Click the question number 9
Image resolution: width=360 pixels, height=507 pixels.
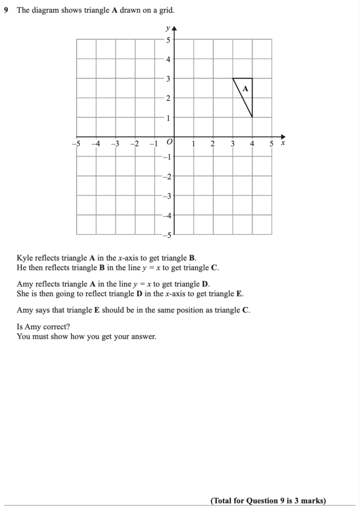[6, 10]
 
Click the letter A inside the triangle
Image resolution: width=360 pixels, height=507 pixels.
[245, 89]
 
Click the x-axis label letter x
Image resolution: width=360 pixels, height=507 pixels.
[283, 143]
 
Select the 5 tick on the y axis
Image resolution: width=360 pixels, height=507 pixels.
[168, 40]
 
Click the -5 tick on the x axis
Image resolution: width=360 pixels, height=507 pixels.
[76, 144]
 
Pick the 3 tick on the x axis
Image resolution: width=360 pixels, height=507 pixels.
[232, 144]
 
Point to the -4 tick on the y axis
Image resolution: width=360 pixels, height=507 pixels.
[167, 215]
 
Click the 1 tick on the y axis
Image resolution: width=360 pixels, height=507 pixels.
[168, 118]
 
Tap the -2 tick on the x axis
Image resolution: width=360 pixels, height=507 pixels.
[134, 144]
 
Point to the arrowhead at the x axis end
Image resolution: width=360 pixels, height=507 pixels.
[283, 137]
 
